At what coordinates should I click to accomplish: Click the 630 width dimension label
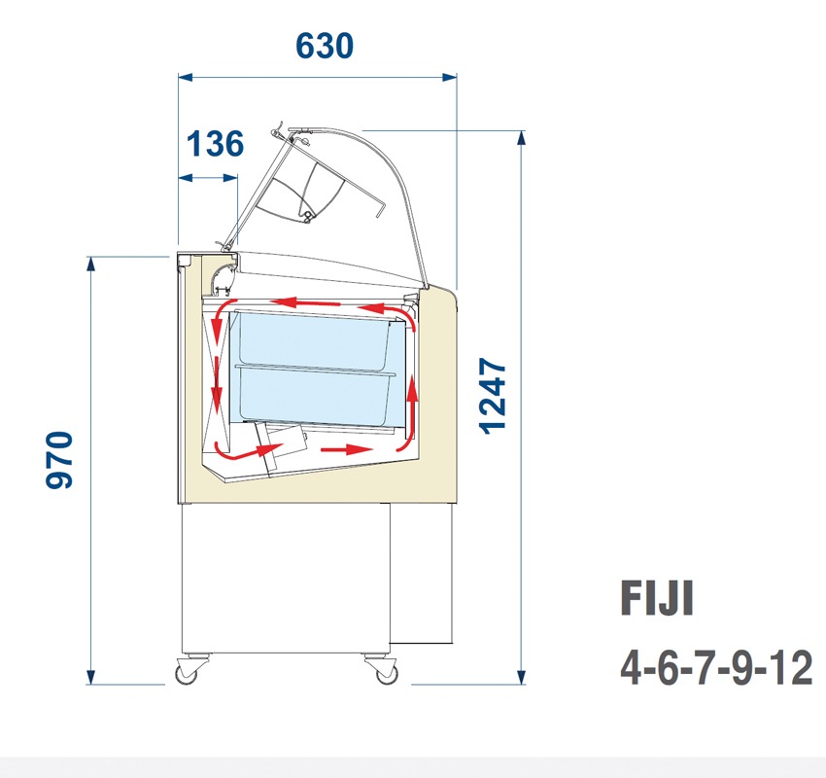[x=324, y=45]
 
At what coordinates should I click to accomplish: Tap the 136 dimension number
[x=215, y=144]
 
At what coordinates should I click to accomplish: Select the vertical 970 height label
[x=60, y=461]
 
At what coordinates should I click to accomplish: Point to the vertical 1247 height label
[x=494, y=395]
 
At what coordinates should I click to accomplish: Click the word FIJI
[x=657, y=598]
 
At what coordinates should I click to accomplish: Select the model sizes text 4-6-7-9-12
[x=716, y=669]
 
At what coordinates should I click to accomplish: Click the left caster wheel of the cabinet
[x=185, y=671]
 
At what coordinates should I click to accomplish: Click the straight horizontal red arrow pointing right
[x=348, y=449]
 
